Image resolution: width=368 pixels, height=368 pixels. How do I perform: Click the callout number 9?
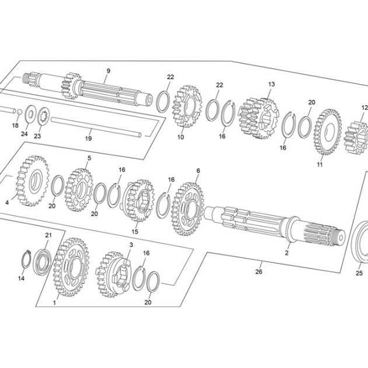tap(108, 71)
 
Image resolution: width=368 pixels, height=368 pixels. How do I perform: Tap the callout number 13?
tap(271, 84)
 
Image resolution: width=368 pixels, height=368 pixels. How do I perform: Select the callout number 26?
tap(259, 272)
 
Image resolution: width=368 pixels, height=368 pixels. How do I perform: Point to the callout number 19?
tap(88, 138)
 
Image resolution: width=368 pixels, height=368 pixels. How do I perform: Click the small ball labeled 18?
tap(19, 112)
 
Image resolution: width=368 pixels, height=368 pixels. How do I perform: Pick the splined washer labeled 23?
tap(43, 116)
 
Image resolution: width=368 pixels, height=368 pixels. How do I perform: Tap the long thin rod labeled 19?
tap(96, 127)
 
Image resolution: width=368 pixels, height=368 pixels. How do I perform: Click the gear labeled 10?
tap(187, 106)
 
